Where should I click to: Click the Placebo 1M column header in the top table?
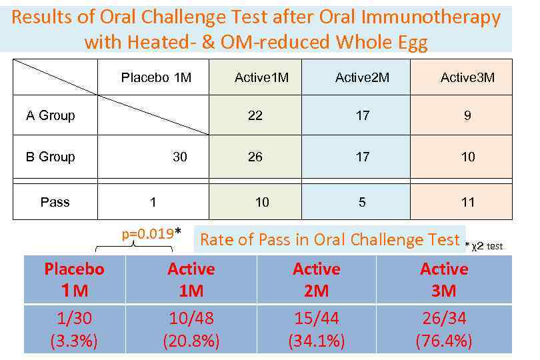[156, 77]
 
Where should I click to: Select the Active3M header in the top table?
[467, 77]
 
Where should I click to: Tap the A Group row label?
[51, 115]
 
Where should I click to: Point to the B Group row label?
[51, 157]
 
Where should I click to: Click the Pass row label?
[55, 202]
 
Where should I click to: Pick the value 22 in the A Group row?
[255, 115]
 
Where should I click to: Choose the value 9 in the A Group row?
[467, 115]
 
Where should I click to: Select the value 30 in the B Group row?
[180, 157]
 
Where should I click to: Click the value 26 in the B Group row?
[255, 157]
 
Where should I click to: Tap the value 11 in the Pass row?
[467, 202]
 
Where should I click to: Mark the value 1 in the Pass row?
[153, 202]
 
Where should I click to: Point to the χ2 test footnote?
[485, 246]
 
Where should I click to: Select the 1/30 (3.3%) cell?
[74, 329]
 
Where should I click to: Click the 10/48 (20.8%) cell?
[191, 329]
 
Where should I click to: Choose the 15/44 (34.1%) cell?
[317, 329]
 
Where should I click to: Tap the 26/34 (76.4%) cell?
[444, 329]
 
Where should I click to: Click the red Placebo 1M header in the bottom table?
[74, 279]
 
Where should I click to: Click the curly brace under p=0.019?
[134, 246]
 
